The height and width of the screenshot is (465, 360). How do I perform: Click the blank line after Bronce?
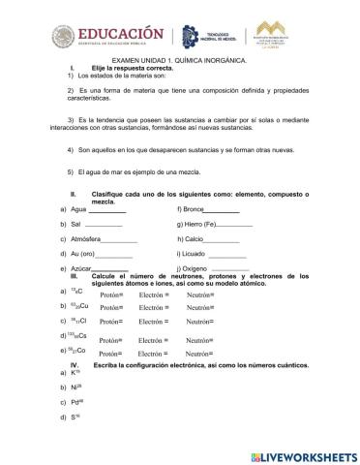(222, 209)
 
